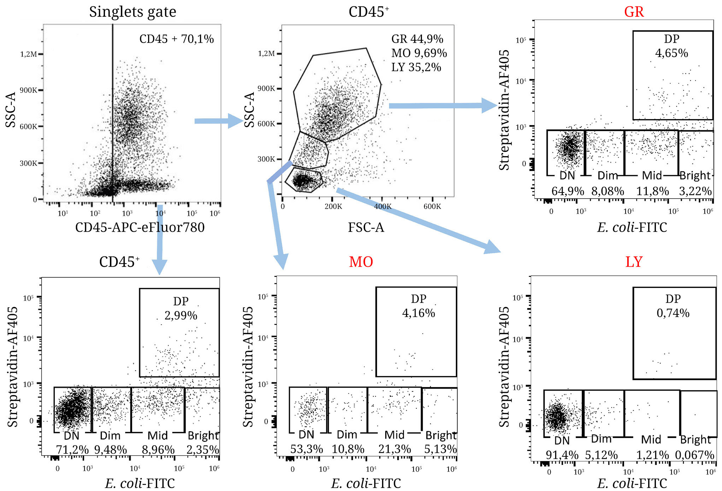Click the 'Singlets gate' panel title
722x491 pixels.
coord(133,12)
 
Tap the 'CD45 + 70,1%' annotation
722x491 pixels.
coord(176,39)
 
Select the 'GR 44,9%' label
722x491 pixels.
coord(417,39)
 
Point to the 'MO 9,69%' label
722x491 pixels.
coord(419,53)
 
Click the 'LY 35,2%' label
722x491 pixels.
coord(416,67)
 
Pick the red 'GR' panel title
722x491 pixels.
coord(634,12)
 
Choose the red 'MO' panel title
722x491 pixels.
coord(361,262)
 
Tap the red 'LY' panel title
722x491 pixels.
coord(634,262)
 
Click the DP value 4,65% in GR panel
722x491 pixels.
coord(671,53)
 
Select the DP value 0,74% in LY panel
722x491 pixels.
coord(673,313)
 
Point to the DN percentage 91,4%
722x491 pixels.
coord(562,455)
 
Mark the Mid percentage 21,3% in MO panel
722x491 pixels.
coord(394,449)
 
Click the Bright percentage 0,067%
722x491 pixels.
coord(694,455)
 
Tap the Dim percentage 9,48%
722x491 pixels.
coord(110,450)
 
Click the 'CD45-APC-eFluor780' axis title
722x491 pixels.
coord(140,227)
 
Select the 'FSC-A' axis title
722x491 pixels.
coord(366,227)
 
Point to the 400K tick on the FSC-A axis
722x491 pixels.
coord(382,206)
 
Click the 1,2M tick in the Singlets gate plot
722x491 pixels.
coord(28,54)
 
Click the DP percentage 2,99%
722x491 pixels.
coord(181,315)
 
